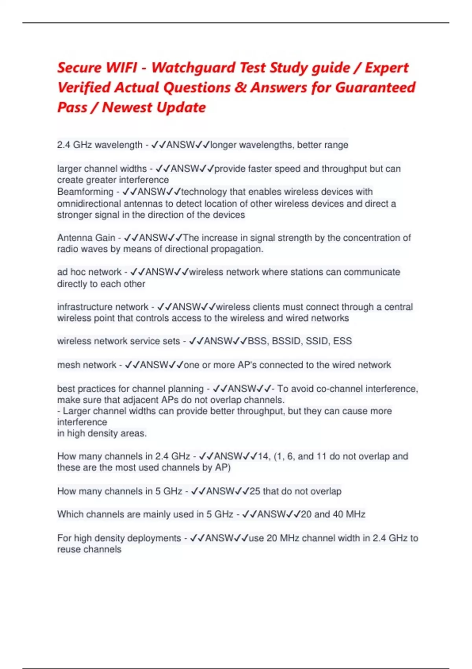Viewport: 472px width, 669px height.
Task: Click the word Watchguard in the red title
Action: pyautogui.click(x=193, y=68)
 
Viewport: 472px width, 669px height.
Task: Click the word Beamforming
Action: pyautogui.click(x=85, y=192)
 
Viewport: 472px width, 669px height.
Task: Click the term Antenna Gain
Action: pyautogui.click(x=86, y=238)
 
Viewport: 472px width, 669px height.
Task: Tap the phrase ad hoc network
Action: pyautogui.click(x=89, y=272)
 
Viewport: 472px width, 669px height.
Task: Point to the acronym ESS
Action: pyautogui.click(x=342, y=341)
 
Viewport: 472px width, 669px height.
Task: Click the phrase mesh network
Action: pyautogui.click(x=87, y=365)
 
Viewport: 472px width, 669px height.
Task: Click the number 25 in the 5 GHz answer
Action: pyautogui.click(x=255, y=491)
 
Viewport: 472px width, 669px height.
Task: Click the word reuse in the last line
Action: pyautogui.click(x=69, y=549)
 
